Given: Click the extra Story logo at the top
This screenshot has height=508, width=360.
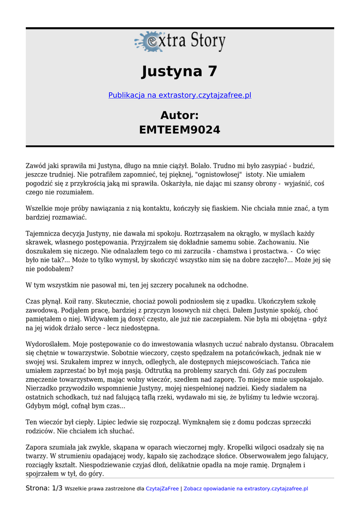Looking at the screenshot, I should pyautogui.click(x=180, y=42).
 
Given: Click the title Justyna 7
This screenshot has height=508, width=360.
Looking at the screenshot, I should pyautogui.click(x=180, y=71).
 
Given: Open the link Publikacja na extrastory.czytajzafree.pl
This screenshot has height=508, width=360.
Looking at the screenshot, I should pyautogui.click(x=180, y=95).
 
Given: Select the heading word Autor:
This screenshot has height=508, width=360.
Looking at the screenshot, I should pyautogui.click(x=180, y=116).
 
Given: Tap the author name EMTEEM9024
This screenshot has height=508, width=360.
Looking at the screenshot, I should pyautogui.click(x=180, y=130).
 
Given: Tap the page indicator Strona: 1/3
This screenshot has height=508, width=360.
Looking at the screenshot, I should pyautogui.click(x=44, y=489).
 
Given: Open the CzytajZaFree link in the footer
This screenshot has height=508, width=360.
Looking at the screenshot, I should pyautogui.click(x=162, y=489).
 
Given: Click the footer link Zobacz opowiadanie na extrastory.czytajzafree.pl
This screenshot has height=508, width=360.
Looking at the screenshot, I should pyautogui.click(x=246, y=489).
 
